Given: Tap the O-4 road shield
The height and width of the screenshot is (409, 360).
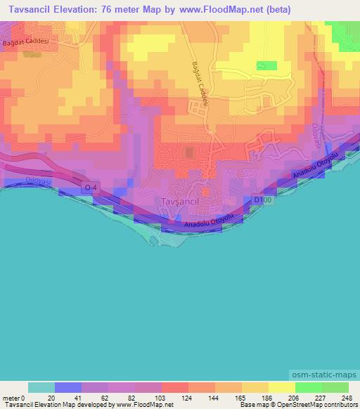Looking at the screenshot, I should [89, 188].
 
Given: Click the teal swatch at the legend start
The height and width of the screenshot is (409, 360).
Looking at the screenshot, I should [41, 387].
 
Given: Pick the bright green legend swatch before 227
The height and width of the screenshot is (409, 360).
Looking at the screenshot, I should [308, 387].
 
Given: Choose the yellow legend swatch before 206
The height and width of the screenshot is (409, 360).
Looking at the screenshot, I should [281, 387].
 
